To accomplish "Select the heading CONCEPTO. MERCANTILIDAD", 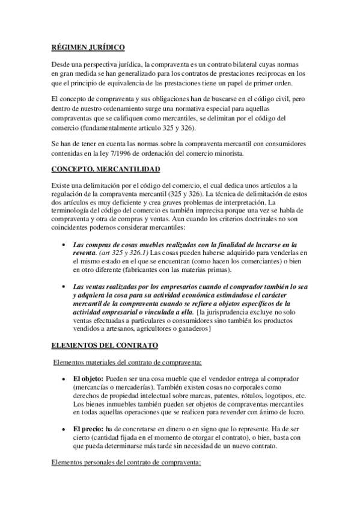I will pos(105,170).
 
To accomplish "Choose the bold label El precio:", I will pos(88,429).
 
